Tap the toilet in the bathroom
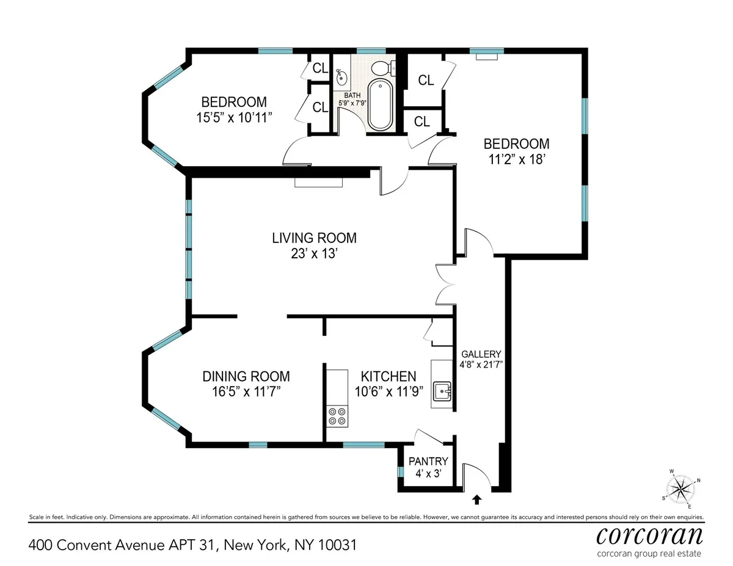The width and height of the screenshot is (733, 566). pos(383,67)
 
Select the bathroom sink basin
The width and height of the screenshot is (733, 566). pos(342,78)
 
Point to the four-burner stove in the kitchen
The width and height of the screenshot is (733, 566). pos(337,416)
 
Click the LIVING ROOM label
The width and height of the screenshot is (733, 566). pos(314,238)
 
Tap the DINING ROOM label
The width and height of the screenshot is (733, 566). pos(246,377)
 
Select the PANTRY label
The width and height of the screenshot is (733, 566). pos(428,462)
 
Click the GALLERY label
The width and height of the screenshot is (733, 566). pos(481,354)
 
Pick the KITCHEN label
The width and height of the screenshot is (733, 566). pos(388,377)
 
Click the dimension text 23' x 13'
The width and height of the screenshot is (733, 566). pos(314,253)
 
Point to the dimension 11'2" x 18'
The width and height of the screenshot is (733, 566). pos(516,160)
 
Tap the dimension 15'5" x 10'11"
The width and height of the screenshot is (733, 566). pos(234,117)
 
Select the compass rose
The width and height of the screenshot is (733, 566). pos(680,488)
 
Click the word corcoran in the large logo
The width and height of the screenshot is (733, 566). pos(649,535)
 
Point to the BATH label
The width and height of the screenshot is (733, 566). pos(352,95)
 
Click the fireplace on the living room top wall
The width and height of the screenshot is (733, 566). pos(319,182)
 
